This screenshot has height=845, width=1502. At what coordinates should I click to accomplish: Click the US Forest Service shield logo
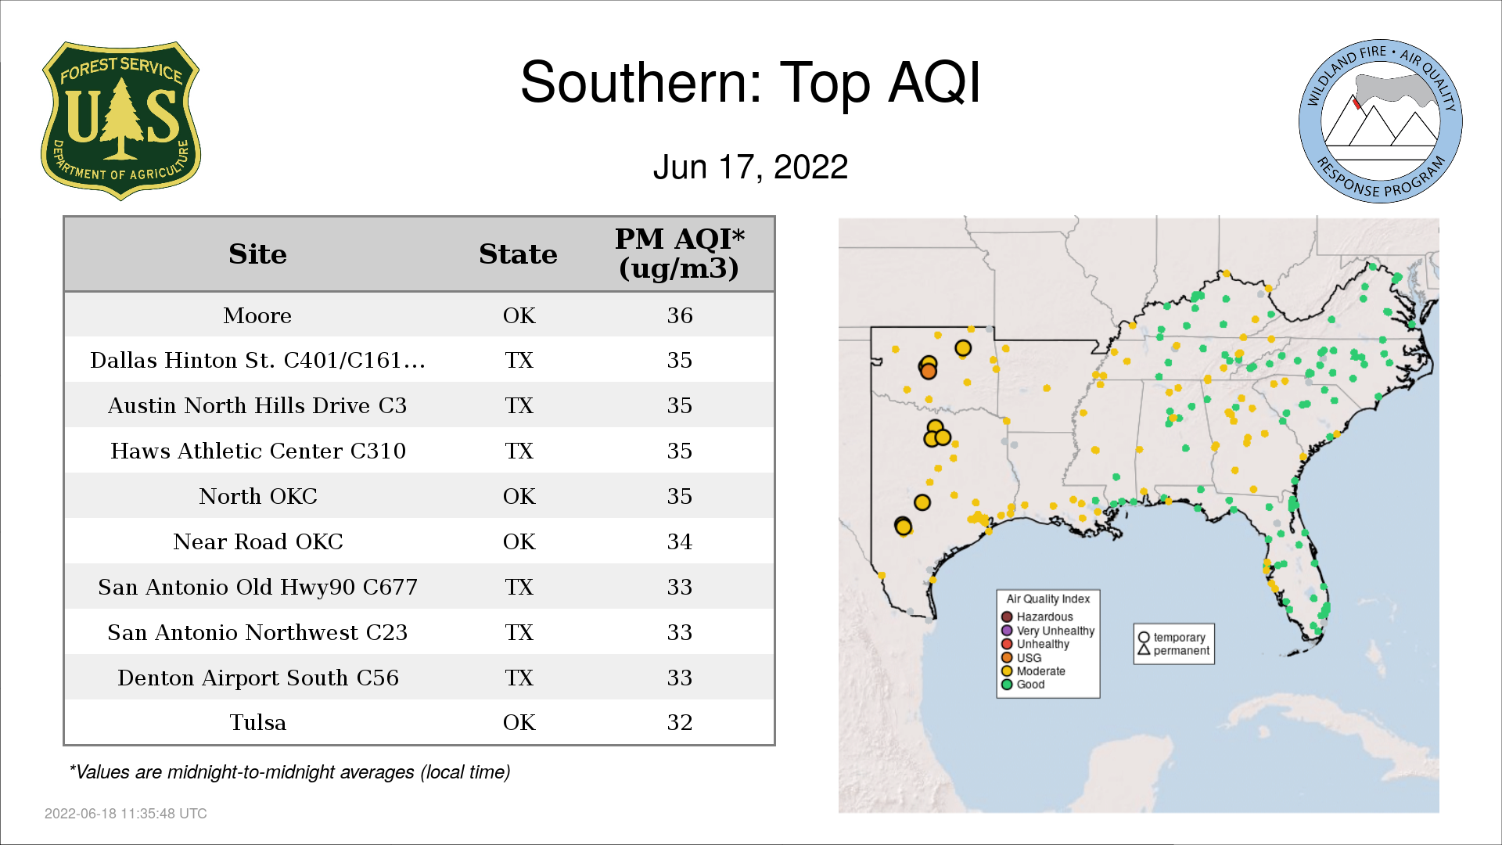[120, 121]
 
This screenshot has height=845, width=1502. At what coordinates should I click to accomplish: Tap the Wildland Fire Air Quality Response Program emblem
[1381, 121]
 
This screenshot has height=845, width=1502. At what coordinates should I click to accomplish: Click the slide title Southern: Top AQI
[750, 82]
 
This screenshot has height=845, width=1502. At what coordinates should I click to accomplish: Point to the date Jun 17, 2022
[750, 167]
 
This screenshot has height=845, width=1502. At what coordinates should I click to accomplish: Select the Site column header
[257, 253]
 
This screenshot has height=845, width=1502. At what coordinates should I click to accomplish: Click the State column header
[518, 253]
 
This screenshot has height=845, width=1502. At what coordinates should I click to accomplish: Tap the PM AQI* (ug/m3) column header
[679, 253]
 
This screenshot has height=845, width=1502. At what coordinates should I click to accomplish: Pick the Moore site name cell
[257, 315]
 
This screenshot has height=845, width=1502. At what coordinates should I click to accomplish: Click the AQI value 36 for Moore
[680, 315]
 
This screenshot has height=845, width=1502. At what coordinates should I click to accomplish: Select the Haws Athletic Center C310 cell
[258, 451]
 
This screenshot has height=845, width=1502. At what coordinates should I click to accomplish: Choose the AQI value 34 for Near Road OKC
[680, 541]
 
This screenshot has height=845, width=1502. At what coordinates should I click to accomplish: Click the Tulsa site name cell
[257, 722]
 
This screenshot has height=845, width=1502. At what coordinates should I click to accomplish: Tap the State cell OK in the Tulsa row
[519, 722]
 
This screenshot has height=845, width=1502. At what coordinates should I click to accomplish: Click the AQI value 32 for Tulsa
[680, 722]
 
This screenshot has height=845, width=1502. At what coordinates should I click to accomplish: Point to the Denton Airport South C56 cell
[258, 678]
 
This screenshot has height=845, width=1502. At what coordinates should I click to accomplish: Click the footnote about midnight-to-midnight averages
[289, 772]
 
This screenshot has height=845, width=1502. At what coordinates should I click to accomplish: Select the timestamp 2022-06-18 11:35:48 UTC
[126, 814]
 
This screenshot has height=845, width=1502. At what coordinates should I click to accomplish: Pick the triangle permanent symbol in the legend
[1144, 649]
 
